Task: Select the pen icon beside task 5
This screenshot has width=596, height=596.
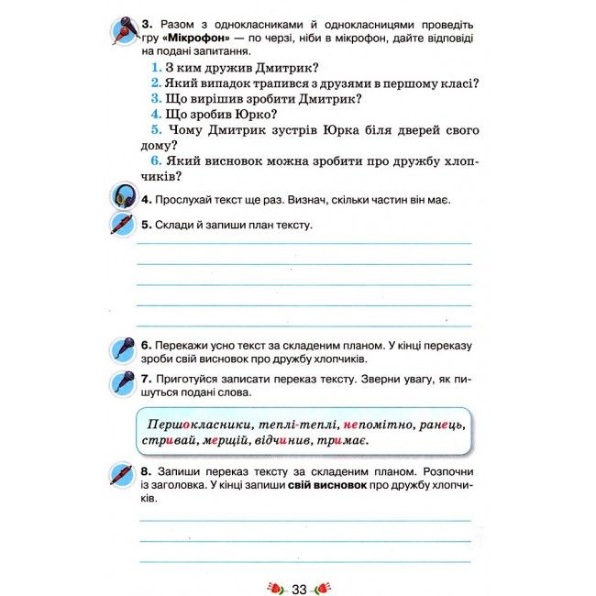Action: click(x=122, y=223)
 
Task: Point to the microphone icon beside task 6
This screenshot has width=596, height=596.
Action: click(x=123, y=350)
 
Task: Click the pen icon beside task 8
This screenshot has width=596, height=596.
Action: click(x=122, y=476)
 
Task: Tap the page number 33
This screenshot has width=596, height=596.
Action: click(x=299, y=587)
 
